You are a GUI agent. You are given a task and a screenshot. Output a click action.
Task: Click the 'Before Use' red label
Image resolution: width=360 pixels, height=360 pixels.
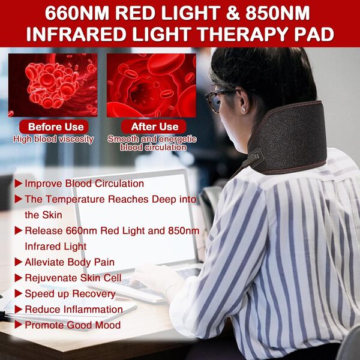click(x=53, y=127)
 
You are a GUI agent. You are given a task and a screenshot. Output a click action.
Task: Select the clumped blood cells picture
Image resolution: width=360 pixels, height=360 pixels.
click(x=53, y=85)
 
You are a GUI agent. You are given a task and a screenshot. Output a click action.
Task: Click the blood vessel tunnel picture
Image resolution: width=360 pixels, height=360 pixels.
click(x=151, y=85)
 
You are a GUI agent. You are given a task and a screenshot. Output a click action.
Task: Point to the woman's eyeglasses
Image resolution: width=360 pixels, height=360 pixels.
click(x=215, y=100)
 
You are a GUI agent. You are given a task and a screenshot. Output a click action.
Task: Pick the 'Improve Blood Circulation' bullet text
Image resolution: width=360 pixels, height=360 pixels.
click(x=84, y=184)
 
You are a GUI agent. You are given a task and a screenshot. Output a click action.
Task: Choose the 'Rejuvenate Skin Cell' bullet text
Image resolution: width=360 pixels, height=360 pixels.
click(x=73, y=278)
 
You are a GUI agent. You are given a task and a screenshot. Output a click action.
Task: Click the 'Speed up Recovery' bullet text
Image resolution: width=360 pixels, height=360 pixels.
click(x=70, y=293)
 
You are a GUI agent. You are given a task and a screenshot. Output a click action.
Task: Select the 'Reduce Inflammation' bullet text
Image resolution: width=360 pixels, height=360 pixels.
click(x=73, y=310)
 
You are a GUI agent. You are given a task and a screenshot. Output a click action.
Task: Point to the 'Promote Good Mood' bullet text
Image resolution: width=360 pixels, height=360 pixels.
click(x=72, y=325)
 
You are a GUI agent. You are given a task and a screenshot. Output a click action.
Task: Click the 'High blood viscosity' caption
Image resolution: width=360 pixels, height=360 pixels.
click(x=53, y=139)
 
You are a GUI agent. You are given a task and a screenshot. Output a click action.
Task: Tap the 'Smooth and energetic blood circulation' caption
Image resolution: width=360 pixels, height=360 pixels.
click(x=152, y=143)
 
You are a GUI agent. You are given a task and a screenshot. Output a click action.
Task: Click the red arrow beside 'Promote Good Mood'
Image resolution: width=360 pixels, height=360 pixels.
click(x=19, y=325)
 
